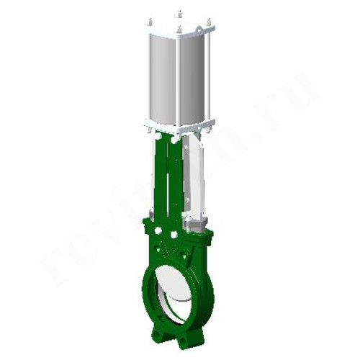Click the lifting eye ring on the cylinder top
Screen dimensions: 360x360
click(179, 30)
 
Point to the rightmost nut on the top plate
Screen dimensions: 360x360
click(207, 22)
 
